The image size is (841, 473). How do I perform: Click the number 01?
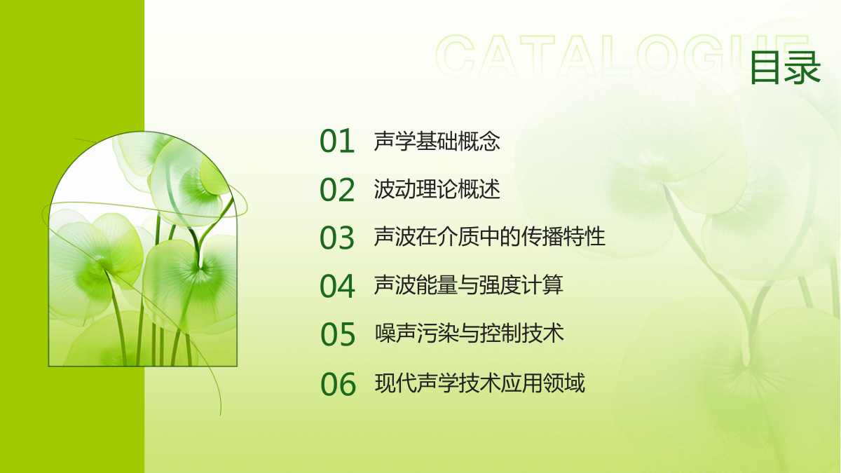337,141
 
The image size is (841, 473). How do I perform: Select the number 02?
337,190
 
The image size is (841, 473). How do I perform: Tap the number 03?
337,238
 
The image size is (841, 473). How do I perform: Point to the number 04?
337,286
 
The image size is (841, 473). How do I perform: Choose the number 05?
338,334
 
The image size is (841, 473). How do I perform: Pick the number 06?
338,384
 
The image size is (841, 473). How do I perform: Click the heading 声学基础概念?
437,141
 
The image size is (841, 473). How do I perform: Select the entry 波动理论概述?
437,189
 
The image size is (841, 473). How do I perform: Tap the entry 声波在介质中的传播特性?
490,237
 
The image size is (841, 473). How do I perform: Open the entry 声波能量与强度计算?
469,285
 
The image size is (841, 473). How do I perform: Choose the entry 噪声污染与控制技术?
470,333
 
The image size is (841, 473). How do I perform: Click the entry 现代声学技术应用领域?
480,383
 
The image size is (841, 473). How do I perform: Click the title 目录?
786,68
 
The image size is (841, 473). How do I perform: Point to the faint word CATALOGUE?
622,56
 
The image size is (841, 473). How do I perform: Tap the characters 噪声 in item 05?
396,333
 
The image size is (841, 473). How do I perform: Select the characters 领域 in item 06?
564,383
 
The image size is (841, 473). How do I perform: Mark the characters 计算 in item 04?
542,285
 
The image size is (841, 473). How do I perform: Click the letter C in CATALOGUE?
455,56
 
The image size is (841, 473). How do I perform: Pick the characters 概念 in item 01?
479,141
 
